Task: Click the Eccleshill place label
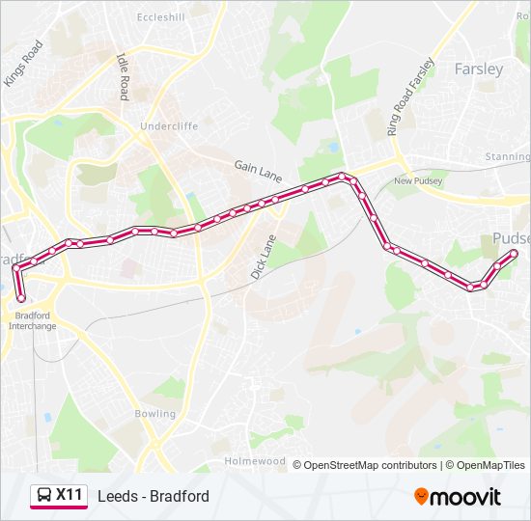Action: pos(159,17)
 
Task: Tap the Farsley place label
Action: pos(479,69)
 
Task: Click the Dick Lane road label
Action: pos(264,257)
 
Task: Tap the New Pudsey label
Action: pos(416,180)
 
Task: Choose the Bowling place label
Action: pos(155,414)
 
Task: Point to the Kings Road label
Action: pos(23,64)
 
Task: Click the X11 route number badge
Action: pos(69,495)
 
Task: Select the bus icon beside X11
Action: pos(44,496)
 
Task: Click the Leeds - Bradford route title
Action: pos(154,496)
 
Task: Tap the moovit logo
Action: pos(458,497)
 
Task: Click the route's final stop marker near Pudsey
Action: pos(514,254)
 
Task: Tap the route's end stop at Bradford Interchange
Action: pos(21,298)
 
